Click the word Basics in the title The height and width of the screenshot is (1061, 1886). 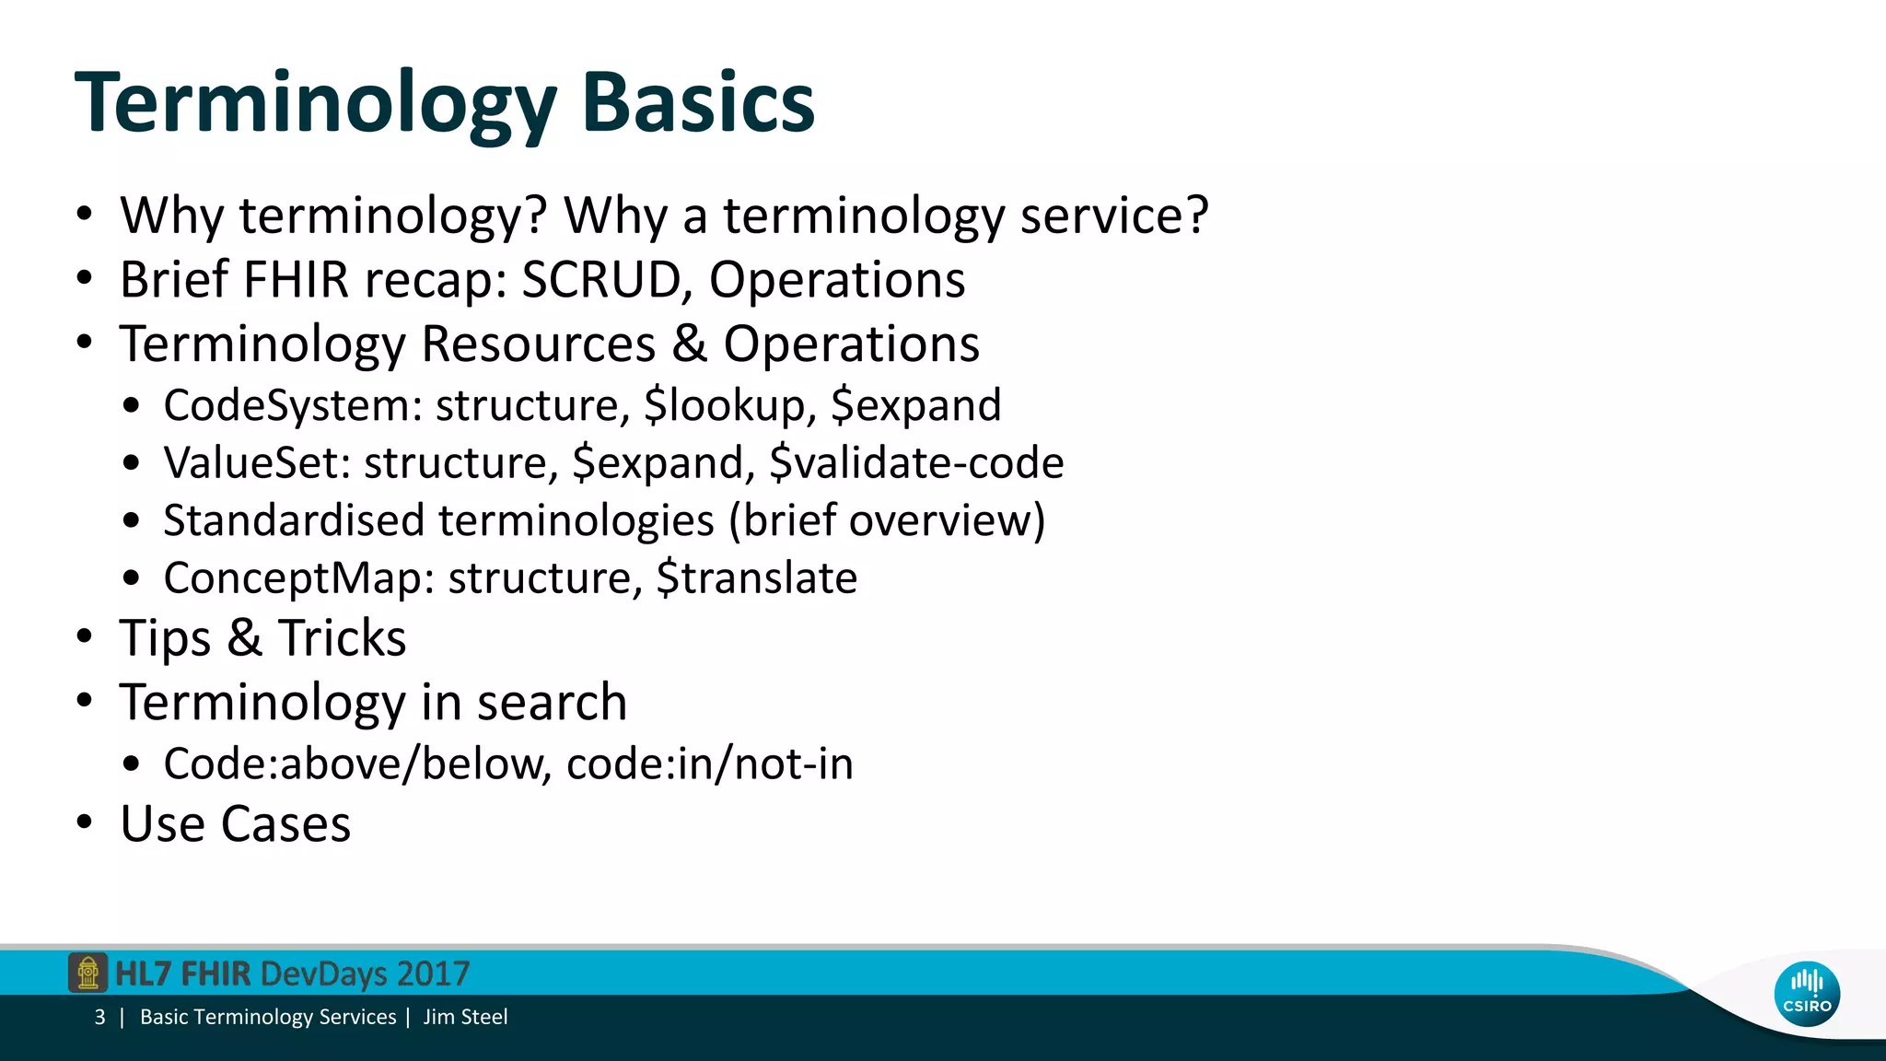click(697, 102)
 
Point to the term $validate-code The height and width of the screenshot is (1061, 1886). click(916, 463)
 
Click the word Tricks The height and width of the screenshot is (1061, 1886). click(342, 638)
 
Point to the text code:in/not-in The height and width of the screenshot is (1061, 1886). click(709, 764)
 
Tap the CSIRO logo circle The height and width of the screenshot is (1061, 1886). click(1807, 995)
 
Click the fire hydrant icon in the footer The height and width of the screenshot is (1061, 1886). click(87, 974)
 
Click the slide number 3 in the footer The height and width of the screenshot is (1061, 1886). click(99, 1018)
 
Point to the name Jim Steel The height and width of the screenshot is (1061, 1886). click(465, 1018)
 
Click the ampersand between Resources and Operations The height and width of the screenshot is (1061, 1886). click(689, 344)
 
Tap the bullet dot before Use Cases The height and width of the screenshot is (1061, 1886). click(85, 822)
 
